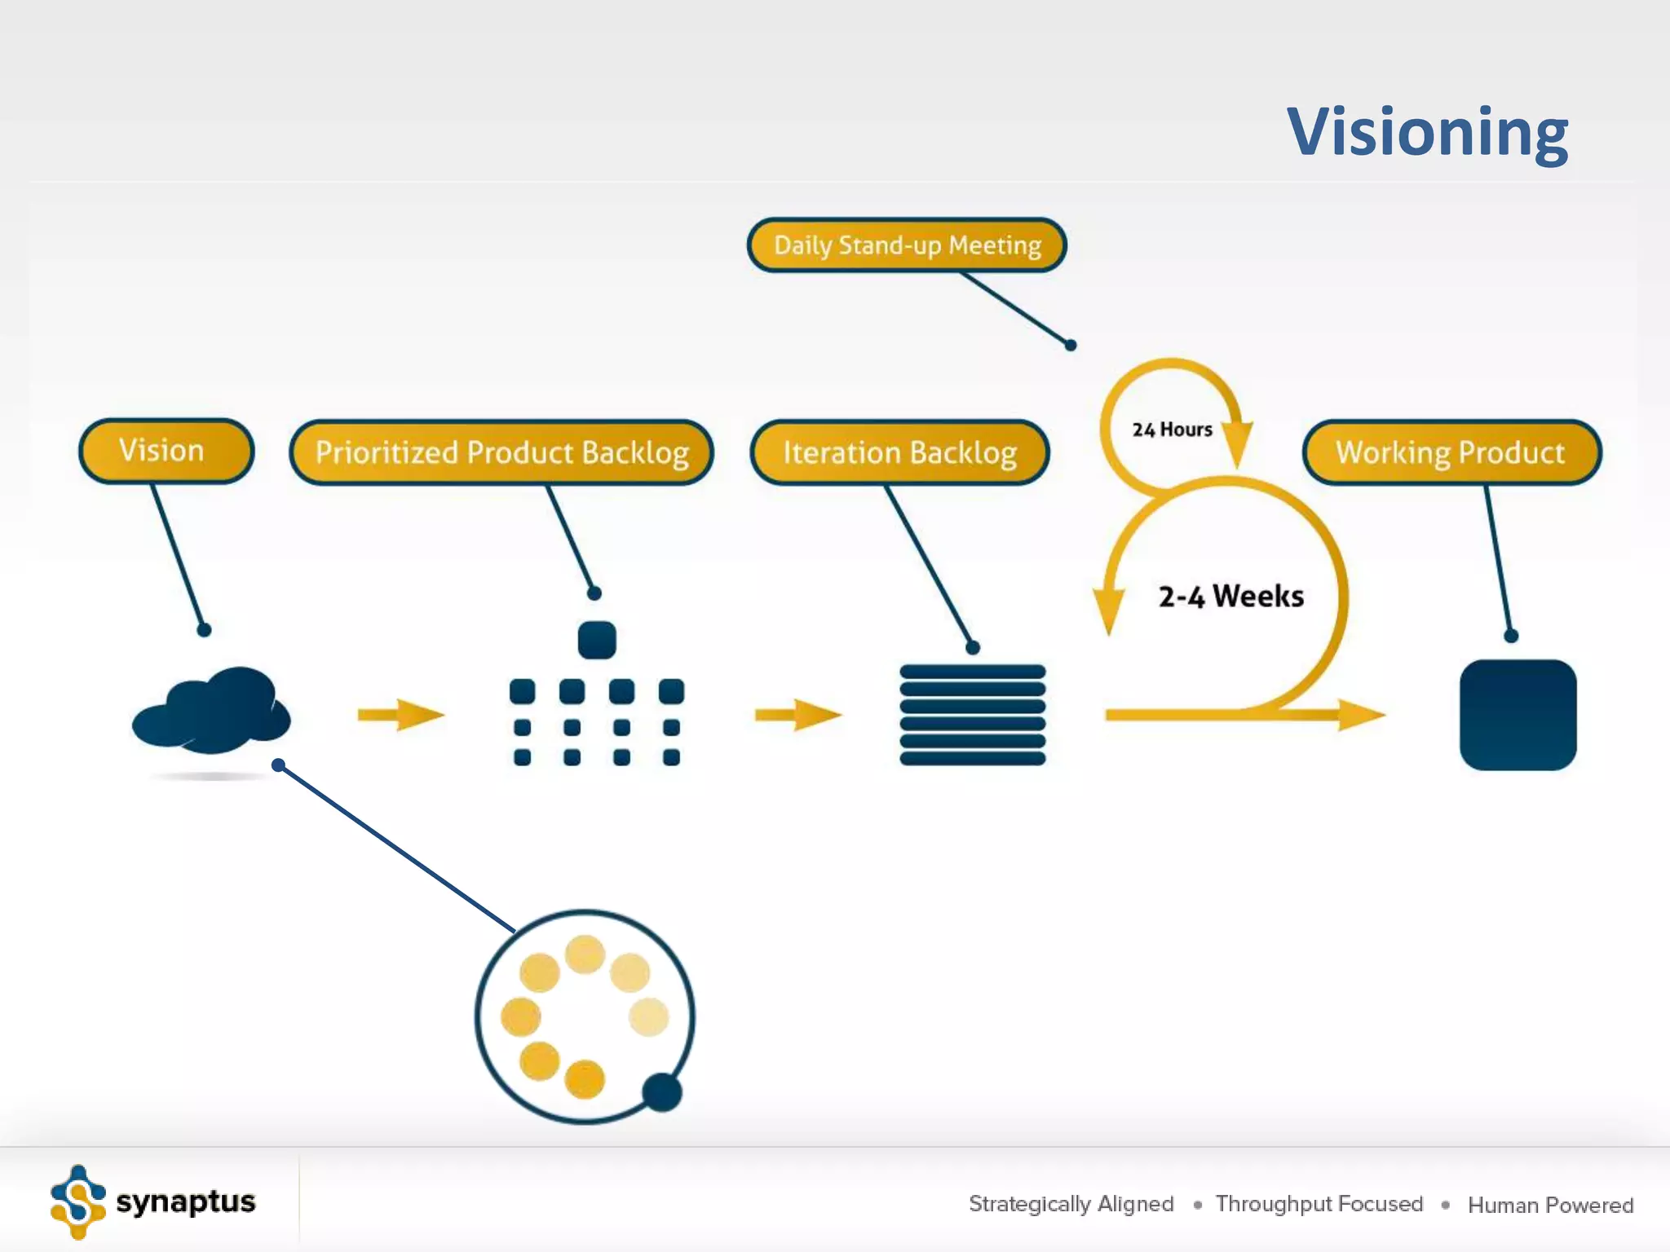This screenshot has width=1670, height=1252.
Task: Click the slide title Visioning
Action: click(x=1427, y=132)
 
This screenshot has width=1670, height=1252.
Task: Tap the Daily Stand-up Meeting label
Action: click(x=907, y=245)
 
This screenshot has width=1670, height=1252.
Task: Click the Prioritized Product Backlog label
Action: click(x=501, y=452)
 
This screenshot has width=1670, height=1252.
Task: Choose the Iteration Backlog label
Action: click(x=899, y=452)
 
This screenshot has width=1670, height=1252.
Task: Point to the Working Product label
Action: click(x=1451, y=452)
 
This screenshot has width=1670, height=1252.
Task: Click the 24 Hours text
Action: click(x=1172, y=430)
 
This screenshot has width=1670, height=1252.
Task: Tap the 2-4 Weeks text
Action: click(x=1230, y=597)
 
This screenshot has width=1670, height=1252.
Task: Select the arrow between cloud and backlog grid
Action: click(x=400, y=715)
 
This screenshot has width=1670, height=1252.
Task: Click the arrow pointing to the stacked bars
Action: click(x=797, y=715)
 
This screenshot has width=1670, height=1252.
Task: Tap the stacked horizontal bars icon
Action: click(x=972, y=715)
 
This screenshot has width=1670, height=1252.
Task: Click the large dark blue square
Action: click(x=1518, y=715)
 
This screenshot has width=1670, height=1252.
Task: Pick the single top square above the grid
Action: click(x=596, y=640)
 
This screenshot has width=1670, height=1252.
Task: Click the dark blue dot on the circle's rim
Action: click(x=662, y=1092)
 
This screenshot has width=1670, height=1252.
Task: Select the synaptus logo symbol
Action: click(x=77, y=1202)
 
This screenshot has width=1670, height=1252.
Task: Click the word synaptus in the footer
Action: click(x=186, y=1201)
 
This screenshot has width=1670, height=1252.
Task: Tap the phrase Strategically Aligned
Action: click(x=1071, y=1204)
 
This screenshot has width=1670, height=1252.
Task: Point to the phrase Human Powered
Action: click(x=1550, y=1205)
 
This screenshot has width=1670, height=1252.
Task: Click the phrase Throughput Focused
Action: click(x=1319, y=1204)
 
